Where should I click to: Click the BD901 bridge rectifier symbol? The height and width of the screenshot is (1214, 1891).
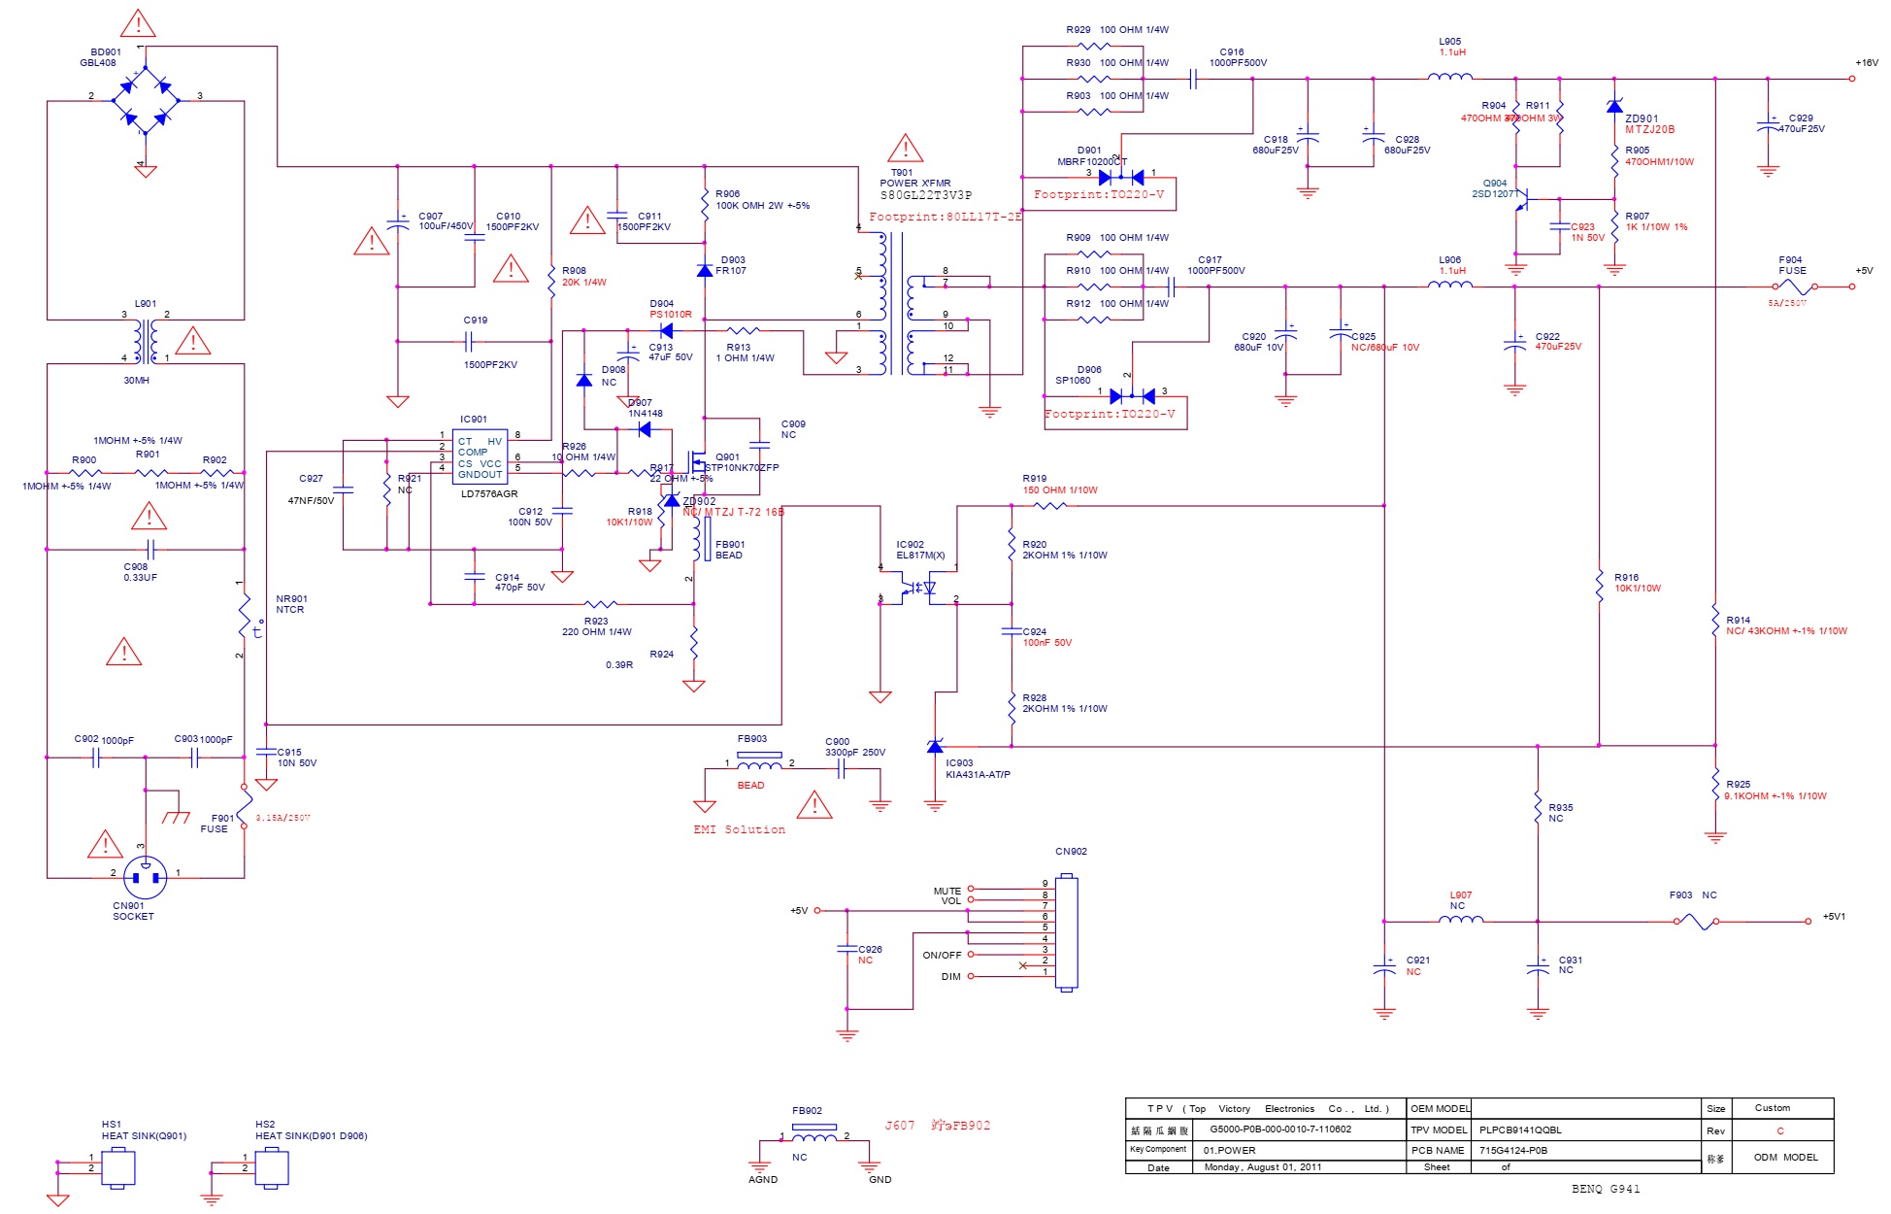pos(145,100)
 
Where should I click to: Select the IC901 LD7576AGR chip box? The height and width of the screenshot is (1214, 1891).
pos(480,457)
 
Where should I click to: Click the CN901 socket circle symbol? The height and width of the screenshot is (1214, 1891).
pos(146,877)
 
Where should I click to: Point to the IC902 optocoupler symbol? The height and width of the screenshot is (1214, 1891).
pos(917,588)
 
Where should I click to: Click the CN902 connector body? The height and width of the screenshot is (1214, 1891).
pos(1066,932)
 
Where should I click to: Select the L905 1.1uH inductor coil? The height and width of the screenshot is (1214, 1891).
pos(1450,77)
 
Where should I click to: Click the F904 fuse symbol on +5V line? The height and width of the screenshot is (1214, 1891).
pos(1794,287)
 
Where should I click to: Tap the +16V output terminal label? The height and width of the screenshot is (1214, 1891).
pos(1866,62)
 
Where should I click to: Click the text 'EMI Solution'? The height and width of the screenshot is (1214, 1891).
pos(739,829)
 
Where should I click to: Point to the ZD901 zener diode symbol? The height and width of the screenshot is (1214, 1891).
pos(1614,107)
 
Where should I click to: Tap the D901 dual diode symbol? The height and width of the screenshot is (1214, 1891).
pos(1121,177)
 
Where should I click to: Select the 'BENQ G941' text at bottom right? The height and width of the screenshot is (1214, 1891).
pos(1606,1189)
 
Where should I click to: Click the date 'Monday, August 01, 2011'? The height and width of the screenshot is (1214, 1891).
pos(1262,1167)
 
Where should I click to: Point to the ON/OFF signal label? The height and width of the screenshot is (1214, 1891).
pos(942,955)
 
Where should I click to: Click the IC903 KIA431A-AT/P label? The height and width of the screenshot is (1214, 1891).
pos(977,769)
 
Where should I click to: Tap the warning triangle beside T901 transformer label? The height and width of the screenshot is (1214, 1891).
pos(905,149)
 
